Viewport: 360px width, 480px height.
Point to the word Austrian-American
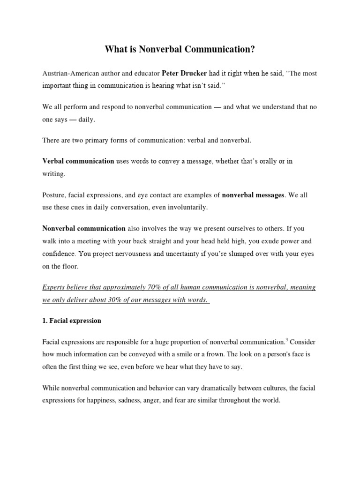[70, 74]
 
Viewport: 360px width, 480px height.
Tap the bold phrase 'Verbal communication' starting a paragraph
[78, 161]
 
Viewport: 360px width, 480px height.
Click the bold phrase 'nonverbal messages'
[253, 195]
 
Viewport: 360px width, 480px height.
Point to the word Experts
[55, 287]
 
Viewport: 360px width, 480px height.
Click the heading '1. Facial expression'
[72, 321]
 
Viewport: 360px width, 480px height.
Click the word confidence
[58, 254]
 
